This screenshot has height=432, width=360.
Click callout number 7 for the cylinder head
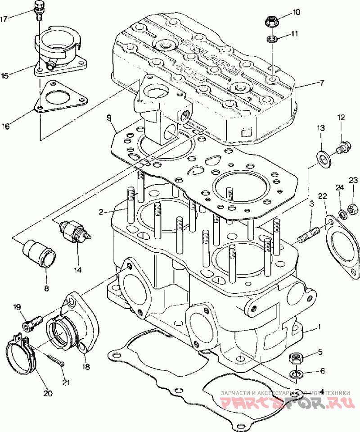(x=322, y=83)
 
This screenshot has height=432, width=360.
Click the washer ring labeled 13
(x=323, y=156)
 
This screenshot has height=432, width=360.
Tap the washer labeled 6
(x=295, y=374)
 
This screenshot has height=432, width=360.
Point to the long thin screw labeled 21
(x=55, y=359)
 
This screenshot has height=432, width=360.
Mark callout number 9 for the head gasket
(x=109, y=118)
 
